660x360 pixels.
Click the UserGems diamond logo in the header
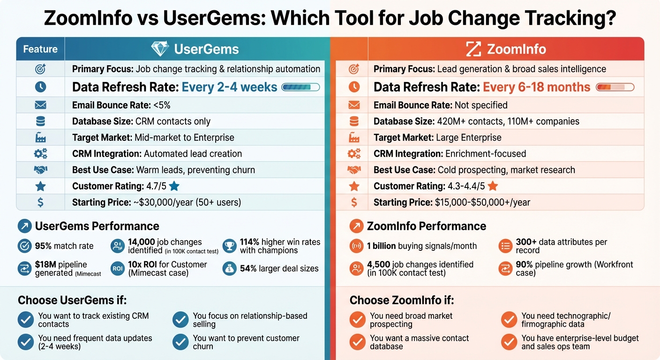point(160,49)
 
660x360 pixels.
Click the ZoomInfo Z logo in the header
point(473,49)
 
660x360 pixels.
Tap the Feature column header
point(40,49)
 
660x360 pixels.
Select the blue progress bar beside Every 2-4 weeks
point(300,87)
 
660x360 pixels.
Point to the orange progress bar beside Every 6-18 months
point(615,87)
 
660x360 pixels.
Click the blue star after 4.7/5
point(174,186)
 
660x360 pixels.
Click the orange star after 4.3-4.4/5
point(493,186)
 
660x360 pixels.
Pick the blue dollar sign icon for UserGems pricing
point(40,202)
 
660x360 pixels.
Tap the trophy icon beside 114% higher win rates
point(229,246)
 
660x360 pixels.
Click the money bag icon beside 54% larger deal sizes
point(229,269)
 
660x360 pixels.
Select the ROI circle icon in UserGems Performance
point(117,269)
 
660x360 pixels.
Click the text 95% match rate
point(64,246)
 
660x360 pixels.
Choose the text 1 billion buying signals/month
point(422,246)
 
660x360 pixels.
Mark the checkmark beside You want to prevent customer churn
point(180,342)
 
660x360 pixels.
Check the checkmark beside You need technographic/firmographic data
point(509,320)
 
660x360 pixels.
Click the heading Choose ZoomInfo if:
point(402,300)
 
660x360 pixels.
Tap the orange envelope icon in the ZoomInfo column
point(354,105)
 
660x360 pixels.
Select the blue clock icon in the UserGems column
point(40,87)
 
